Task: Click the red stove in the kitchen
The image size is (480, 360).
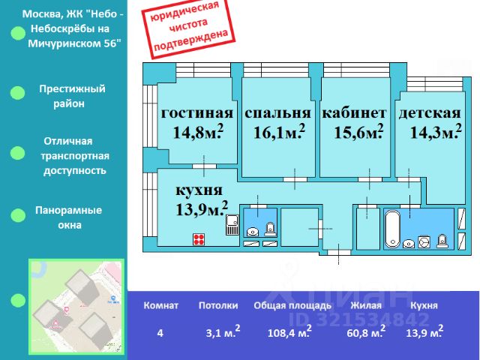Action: coord(199,240)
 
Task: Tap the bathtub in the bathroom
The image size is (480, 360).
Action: coord(393,228)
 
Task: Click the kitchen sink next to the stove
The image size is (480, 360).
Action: coord(232,224)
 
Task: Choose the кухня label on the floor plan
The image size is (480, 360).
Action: coord(198,190)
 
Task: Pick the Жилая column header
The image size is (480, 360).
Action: coord(365,305)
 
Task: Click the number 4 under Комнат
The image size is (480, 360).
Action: coord(160,332)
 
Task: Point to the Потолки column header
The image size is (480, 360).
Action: coord(218,305)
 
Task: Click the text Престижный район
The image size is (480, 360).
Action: coord(72,96)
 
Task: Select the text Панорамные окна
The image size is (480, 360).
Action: coord(68,217)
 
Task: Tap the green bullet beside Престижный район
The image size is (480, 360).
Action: coord(16,93)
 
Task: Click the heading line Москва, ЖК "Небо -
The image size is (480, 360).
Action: coord(74,13)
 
